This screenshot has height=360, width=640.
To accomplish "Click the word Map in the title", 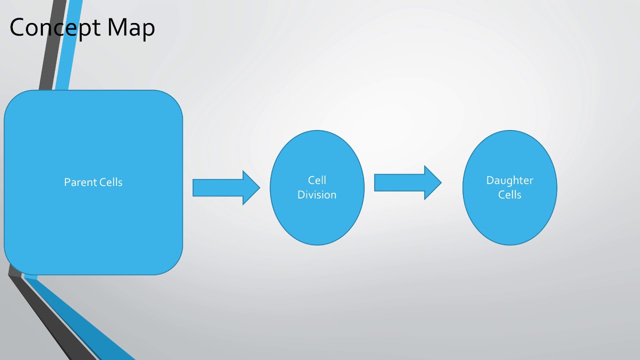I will pyautogui.click(x=131, y=28).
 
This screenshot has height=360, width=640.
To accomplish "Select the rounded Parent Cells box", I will pyautogui.click(x=93, y=225).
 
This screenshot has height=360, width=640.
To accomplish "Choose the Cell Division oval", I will pyautogui.click(x=317, y=220).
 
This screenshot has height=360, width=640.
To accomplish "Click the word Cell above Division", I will pyautogui.click(x=317, y=180).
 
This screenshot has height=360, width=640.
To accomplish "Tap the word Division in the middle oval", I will pyautogui.click(x=317, y=194).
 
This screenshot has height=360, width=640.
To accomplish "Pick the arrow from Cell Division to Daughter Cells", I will pyautogui.click(x=399, y=182).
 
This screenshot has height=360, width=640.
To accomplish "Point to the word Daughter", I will pyautogui.click(x=509, y=180).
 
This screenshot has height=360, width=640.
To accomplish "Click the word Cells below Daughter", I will pyautogui.click(x=509, y=194).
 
